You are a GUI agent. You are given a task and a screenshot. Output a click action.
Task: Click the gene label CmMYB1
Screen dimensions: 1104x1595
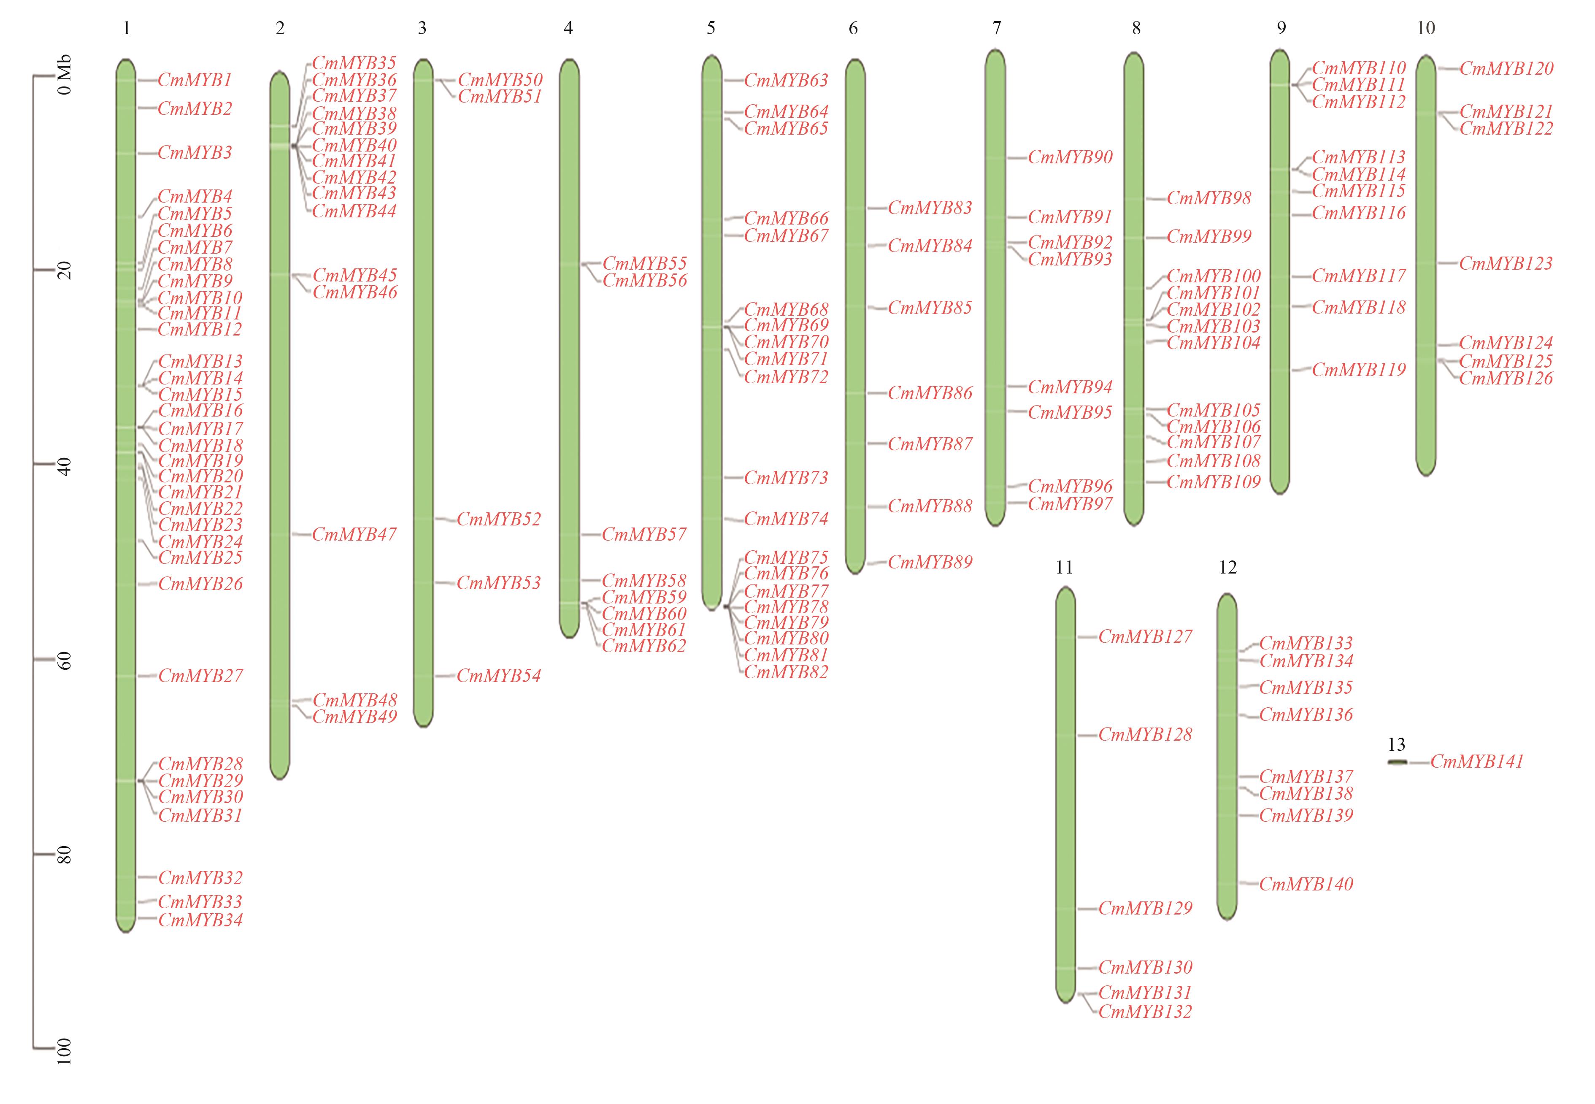click(195, 80)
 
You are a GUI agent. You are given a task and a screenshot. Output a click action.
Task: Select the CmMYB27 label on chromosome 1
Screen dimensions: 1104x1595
click(200, 676)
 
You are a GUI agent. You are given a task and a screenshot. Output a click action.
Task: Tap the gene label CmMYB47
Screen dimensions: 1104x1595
click(354, 535)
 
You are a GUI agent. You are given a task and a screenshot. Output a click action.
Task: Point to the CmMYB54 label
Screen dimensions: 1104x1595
click(499, 676)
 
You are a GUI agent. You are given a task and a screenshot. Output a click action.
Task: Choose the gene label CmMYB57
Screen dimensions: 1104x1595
click(644, 535)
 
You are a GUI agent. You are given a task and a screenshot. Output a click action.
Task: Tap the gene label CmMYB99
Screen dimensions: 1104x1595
click(1209, 237)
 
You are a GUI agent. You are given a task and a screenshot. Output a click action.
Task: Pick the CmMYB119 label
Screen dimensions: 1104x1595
click(1358, 370)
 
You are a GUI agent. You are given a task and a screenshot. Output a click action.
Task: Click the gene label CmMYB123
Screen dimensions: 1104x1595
click(1506, 263)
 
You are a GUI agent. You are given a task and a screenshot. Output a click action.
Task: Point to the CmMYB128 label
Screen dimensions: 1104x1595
click(1146, 735)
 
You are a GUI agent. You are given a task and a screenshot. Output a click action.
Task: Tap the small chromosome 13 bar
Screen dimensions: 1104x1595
click(1397, 762)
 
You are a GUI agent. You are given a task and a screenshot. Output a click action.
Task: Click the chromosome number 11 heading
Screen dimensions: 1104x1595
click(1064, 568)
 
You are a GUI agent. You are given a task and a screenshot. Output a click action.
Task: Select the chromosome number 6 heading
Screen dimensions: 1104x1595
click(853, 28)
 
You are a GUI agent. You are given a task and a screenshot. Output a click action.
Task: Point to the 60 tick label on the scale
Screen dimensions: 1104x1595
click(64, 660)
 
